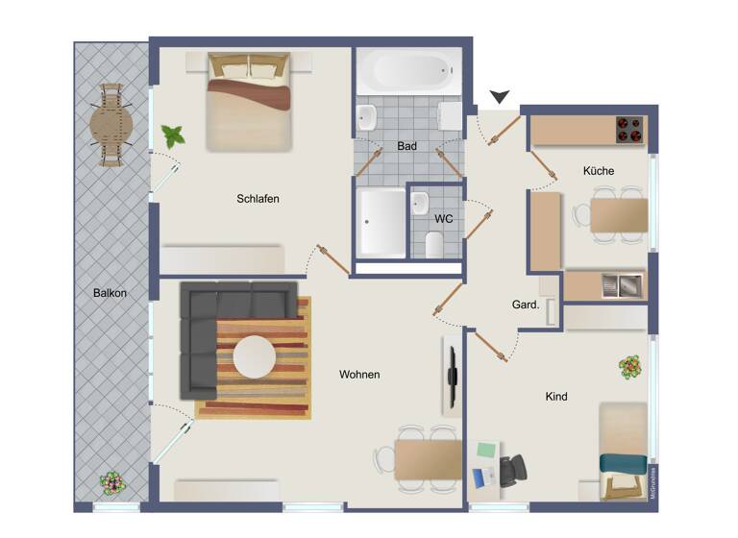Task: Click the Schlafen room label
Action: tap(258, 199)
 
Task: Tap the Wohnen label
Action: tap(359, 375)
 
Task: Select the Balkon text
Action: tap(111, 293)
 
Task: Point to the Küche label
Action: tap(598, 171)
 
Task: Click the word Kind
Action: tap(556, 396)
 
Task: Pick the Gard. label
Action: tap(525, 306)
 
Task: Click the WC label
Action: tap(443, 219)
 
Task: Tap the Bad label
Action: tap(406, 147)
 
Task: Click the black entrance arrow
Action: tap(500, 97)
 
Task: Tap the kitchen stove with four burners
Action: tap(628, 130)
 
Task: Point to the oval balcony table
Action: tap(111, 124)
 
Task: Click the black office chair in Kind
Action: tap(512, 470)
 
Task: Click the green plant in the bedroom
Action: tap(174, 135)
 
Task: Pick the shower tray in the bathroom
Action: tap(381, 223)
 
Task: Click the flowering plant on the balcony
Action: tap(111, 482)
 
